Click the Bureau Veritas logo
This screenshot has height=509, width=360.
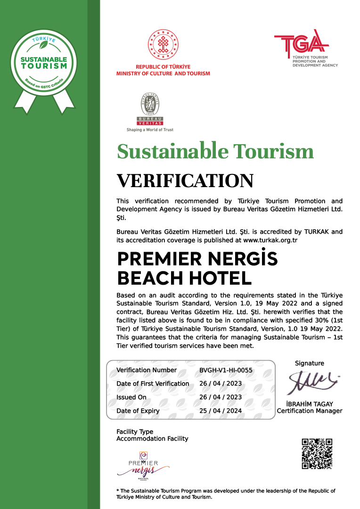coord(149,108)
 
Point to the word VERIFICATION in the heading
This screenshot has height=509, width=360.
coord(185,181)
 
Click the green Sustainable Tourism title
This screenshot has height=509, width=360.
coord(215,151)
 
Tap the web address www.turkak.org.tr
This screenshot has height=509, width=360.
coord(270,240)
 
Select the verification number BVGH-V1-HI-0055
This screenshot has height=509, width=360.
coord(226,370)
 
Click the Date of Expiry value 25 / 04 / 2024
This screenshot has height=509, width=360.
coord(221,410)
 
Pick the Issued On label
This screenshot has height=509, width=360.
coord(131,397)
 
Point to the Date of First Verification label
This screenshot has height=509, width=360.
coord(153,384)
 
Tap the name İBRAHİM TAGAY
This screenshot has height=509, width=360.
coord(309,404)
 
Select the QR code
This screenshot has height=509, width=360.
coord(317,453)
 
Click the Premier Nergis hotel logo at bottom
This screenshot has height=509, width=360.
coord(143,465)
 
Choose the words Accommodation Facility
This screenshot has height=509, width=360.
coord(152,439)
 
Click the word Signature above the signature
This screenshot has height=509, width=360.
coord(309,363)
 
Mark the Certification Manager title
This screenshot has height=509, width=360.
coord(309,411)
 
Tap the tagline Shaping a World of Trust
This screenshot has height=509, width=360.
coord(150,130)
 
